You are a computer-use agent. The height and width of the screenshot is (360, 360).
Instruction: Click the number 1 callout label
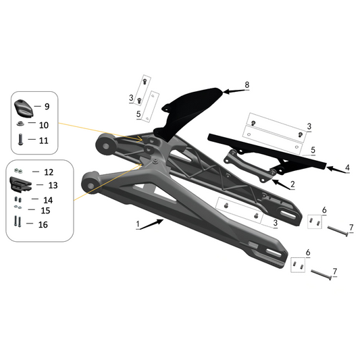(137, 223)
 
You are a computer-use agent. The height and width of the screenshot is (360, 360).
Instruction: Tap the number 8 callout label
(247, 85)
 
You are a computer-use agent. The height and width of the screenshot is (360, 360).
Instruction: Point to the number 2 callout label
(292, 184)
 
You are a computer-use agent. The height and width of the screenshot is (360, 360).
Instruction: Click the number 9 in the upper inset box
(47, 107)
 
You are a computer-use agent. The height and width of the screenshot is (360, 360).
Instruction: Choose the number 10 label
(44, 125)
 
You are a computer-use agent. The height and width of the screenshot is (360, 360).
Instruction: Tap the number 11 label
(44, 140)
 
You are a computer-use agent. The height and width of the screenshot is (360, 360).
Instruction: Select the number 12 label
(48, 172)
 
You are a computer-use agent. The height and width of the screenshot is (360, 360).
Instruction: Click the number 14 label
(48, 200)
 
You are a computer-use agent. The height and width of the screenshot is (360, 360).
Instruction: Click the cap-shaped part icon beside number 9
(23, 108)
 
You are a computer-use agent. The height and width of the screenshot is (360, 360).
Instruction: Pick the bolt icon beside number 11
(20, 140)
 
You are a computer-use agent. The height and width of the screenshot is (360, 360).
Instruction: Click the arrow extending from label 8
(233, 88)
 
